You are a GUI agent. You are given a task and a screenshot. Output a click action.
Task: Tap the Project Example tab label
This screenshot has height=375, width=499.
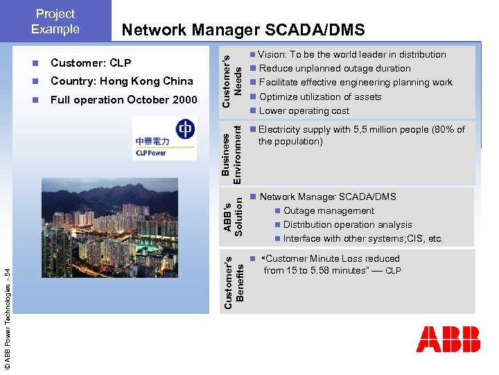click(55, 22)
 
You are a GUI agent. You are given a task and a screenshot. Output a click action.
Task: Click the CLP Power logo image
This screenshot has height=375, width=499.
click(164, 138)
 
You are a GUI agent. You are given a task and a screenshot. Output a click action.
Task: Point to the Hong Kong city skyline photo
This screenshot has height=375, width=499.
click(125, 226)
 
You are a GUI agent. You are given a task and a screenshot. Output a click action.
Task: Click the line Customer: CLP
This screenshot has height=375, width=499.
click(91, 63)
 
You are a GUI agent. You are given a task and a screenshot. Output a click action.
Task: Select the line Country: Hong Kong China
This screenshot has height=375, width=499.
click(122, 81)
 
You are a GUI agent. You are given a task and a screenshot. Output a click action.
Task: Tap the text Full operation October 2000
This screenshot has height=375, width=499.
click(124, 100)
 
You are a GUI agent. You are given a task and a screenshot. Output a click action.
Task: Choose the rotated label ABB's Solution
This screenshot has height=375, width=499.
click(232, 217)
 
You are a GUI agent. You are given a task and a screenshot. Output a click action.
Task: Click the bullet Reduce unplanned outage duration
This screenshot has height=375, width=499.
click(335, 68)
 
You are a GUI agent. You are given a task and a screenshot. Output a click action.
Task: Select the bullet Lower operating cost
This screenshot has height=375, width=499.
click(304, 110)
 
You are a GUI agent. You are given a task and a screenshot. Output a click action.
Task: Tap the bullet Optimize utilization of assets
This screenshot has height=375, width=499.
click(320, 97)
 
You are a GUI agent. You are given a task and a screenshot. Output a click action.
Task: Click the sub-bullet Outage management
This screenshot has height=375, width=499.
click(329, 210)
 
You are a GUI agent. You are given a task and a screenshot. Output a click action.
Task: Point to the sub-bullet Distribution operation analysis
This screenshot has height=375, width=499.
click(347, 224)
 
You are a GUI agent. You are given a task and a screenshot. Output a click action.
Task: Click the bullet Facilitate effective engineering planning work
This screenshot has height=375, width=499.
click(356, 82)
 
